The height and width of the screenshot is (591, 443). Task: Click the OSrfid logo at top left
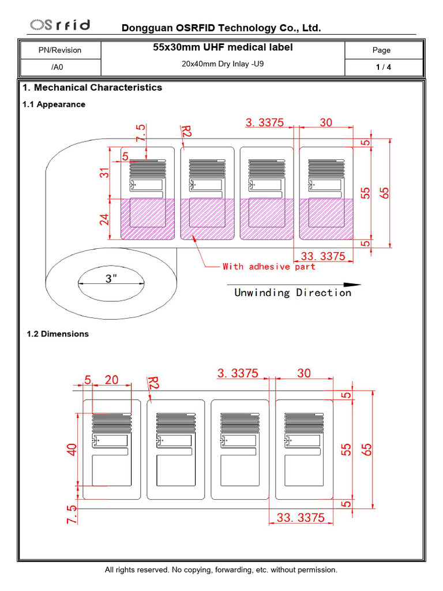point(61,25)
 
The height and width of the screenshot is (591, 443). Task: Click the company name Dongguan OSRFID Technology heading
point(221,28)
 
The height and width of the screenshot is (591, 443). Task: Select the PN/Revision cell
point(60,50)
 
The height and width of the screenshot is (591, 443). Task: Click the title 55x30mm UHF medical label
point(223,47)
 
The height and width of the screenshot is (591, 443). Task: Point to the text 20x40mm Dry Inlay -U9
point(223,64)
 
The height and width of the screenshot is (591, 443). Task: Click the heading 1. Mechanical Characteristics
point(92,88)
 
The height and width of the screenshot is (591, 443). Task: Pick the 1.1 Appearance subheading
point(54,104)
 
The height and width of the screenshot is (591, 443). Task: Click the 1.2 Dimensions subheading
point(58,334)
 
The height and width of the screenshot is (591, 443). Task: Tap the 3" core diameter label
point(111,279)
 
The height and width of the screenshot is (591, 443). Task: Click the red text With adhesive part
point(269,267)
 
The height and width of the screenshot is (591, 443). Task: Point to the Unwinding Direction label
point(292,293)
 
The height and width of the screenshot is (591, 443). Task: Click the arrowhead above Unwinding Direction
point(352,285)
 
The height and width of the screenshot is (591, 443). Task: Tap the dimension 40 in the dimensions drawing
point(72,450)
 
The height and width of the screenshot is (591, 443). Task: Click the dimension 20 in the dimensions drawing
point(111,379)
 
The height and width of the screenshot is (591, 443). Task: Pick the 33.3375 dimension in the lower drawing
point(301,518)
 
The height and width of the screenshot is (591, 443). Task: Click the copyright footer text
point(221,570)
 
